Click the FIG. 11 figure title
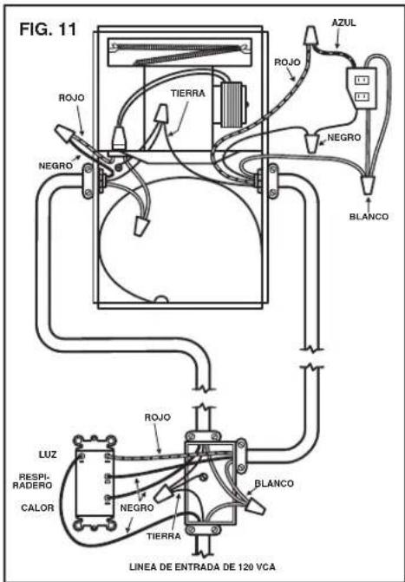point(48,29)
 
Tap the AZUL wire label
point(343,23)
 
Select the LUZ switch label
point(48,454)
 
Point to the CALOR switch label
point(37,507)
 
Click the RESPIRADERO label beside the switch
point(32,481)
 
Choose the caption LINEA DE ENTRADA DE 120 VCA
point(202,567)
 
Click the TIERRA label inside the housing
point(188,93)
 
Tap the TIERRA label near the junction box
point(164,536)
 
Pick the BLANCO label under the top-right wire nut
point(369,216)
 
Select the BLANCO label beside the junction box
point(274,484)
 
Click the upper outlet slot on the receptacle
point(362,80)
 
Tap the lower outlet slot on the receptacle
point(362,97)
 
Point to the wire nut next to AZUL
point(311,36)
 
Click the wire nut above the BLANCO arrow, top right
point(369,184)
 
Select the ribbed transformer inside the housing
point(234,106)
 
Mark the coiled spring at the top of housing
point(181,54)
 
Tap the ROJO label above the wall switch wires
point(158,417)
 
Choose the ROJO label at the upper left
point(72,98)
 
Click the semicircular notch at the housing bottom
point(162,299)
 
